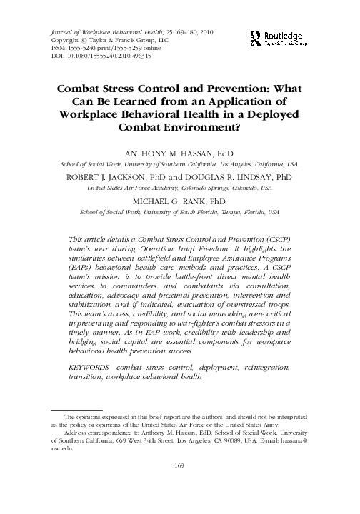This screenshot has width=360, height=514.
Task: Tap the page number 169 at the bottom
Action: click(x=179, y=487)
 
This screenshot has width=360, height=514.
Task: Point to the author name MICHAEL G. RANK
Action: click(x=180, y=182)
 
